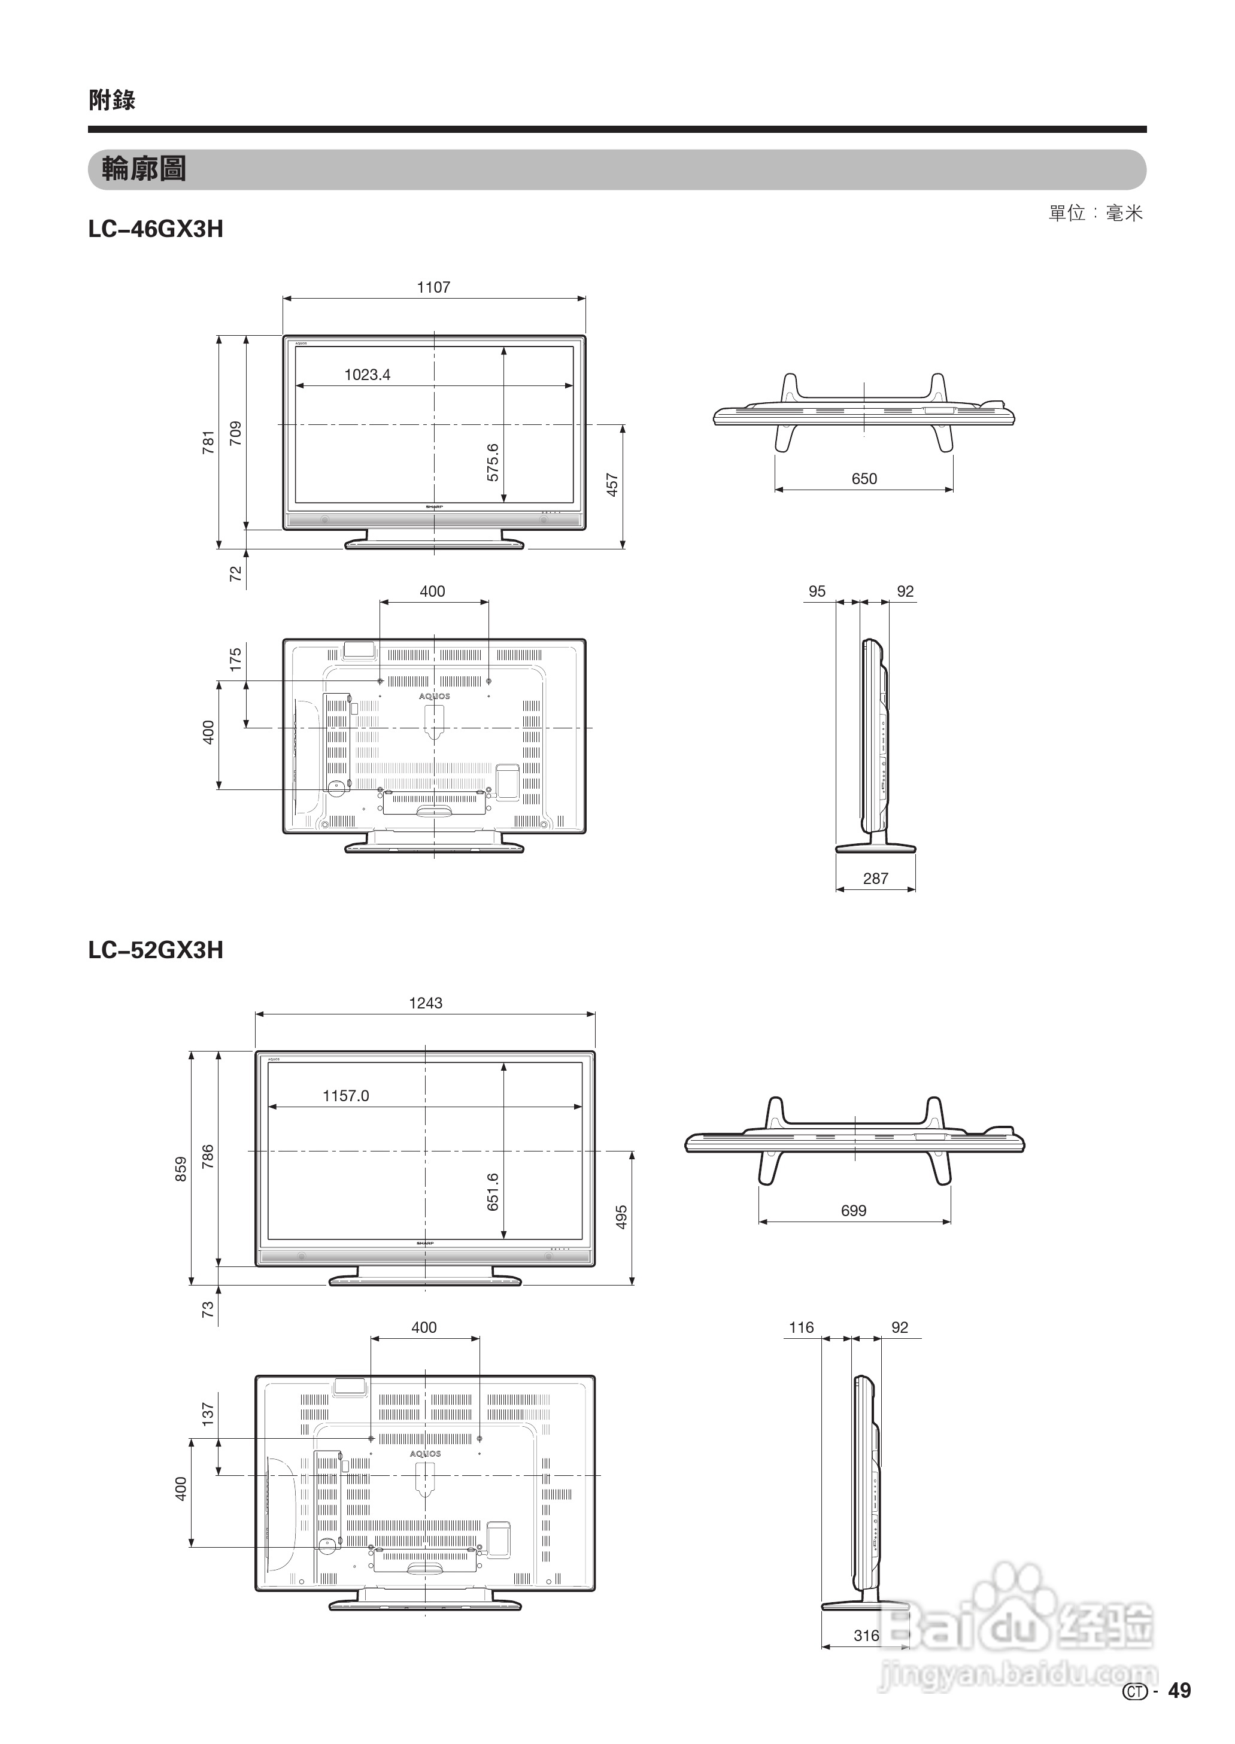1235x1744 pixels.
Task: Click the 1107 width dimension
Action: (x=433, y=287)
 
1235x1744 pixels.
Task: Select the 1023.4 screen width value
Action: (x=368, y=374)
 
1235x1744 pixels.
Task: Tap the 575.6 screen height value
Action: (x=493, y=462)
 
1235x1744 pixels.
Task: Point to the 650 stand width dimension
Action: (x=864, y=479)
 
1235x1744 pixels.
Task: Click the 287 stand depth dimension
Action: (x=875, y=878)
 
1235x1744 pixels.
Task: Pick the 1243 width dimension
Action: (x=425, y=1002)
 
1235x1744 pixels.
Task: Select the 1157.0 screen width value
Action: (x=346, y=1095)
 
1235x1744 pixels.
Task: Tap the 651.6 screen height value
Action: (x=493, y=1192)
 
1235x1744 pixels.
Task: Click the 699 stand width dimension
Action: (x=853, y=1210)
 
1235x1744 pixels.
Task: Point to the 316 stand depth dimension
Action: (x=866, y=1635)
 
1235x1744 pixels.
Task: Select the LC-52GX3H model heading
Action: (x=156, y=950)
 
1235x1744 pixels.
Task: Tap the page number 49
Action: (x=1179, y=1690)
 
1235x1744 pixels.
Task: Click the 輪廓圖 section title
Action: (x=144, y=169)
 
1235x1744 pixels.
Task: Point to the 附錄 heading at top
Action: (x=112, y=99)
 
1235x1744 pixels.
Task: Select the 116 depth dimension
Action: (x=801, y=1327)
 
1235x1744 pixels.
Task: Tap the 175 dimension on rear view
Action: (x=236, y=658)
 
